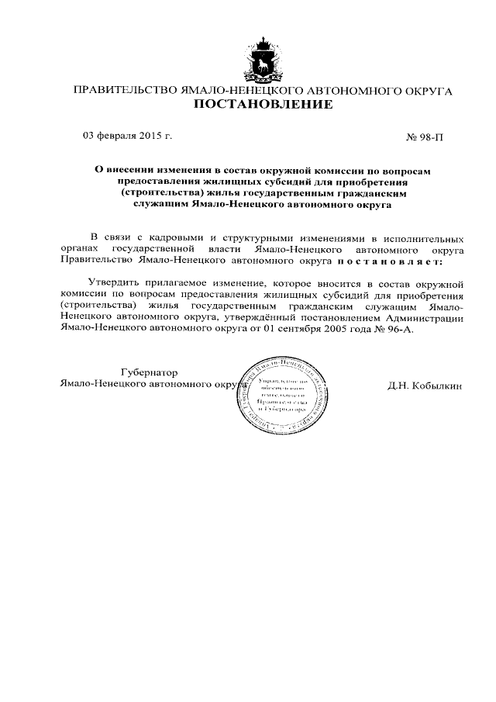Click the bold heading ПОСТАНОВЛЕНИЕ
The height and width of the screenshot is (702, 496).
263,105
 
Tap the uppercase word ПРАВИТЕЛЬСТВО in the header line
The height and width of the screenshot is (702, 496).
125,90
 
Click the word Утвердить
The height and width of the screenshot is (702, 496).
114,284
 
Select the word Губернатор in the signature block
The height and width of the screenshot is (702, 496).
150,372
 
